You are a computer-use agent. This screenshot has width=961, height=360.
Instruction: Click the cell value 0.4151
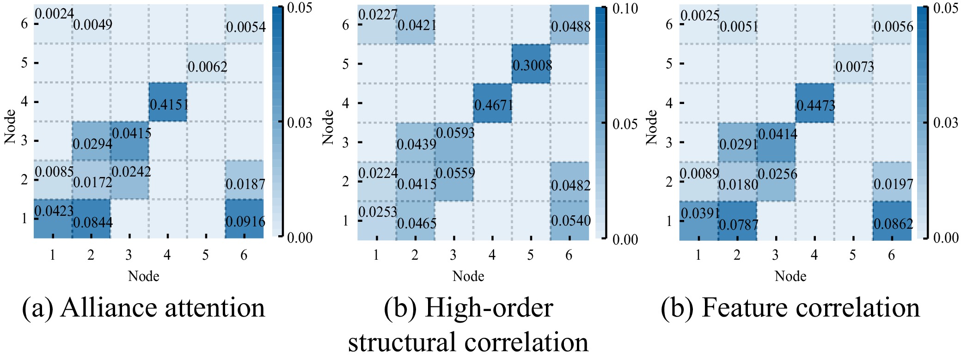click(x=169, y=104)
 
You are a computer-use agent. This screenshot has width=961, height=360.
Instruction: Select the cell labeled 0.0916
click(x=245, y=221)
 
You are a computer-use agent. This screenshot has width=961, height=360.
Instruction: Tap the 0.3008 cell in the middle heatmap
click(x=532, y=65)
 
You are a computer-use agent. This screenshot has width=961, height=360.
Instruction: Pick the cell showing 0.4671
click(x=493, y=105)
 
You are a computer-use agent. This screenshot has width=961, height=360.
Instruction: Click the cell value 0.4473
click(x=815, y=106)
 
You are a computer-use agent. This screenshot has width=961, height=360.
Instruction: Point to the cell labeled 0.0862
click(x=893, y=224)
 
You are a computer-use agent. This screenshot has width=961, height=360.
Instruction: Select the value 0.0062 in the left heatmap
click(x=207, y=67)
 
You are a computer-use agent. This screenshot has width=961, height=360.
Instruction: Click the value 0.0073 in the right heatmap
click(x=854, y=67)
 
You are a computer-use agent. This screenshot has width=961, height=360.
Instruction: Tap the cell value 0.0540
click(x=570, y=221)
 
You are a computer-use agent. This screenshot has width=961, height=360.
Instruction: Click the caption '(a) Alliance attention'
click(x=143, y=308)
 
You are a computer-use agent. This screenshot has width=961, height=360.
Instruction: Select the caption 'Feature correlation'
click(x=810, y=308)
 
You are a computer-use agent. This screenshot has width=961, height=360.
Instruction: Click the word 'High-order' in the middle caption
click(x=489, y=308)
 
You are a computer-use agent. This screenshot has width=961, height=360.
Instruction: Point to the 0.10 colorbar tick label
click(x=624, y=8)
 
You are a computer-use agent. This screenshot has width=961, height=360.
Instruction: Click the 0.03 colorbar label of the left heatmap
click(x=300, y=122)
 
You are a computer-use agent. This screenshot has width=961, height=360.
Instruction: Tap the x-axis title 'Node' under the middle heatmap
click(x=468, y=276)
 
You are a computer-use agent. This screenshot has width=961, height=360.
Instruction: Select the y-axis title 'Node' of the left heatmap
click(x=10, y=126)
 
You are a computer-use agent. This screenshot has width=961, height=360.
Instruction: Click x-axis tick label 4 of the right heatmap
click(x=814, y=255)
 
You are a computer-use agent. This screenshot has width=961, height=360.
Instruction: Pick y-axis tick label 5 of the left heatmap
click(x=24, y=62)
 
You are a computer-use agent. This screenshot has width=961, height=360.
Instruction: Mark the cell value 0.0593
click(x=455, y=133)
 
